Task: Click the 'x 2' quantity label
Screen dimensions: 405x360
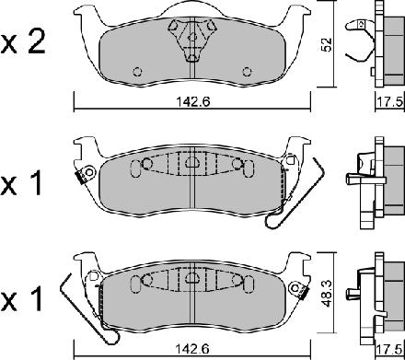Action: coord(23,43)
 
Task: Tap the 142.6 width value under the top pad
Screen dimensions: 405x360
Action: coord(193,101)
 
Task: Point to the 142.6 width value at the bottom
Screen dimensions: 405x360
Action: coord(193,348)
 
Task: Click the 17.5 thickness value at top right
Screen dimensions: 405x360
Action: coord(390,102)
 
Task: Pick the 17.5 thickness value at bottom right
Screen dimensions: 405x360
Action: coord(390,349)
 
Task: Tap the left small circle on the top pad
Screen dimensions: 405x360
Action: coord(137,72)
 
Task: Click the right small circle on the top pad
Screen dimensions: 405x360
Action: coord(247,72)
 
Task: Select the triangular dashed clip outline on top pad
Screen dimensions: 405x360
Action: coord(192,40)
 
